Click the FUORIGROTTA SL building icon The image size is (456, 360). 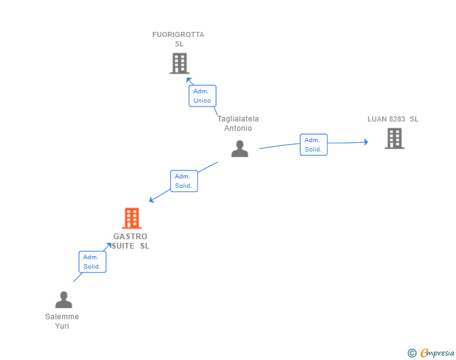[x=179, y=63]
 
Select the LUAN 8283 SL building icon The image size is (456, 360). [x=394, y=138]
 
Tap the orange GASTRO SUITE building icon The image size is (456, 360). [x=132, y=219]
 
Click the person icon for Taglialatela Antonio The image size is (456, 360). [x=239, y=149]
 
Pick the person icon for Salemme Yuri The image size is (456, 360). [x=63, y=300]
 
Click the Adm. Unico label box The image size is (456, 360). [x=202, y=96]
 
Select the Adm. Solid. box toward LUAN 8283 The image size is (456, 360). [x=313, y=145]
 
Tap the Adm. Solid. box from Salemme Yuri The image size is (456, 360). [x=92, y=262]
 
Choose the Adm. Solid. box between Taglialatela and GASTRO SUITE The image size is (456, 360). [x=184, y=181]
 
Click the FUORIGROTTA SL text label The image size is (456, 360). [x=179, y=39]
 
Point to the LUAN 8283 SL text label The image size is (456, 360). [x=393, y=119]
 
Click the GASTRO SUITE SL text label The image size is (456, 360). [x=130, y=241]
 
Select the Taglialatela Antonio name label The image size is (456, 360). [x=238, y=123]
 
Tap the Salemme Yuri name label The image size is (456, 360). [x=62, y=321]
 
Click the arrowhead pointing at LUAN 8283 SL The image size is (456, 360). [x=365, y=142]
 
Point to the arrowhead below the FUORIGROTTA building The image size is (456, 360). [x=189, y=80]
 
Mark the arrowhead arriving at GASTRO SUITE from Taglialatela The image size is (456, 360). [x=152, y=200]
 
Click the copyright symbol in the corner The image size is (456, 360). [x=412, y=353]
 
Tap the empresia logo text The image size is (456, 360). [x=437, y=353]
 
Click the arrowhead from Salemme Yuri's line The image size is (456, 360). [x=108, y=245]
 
